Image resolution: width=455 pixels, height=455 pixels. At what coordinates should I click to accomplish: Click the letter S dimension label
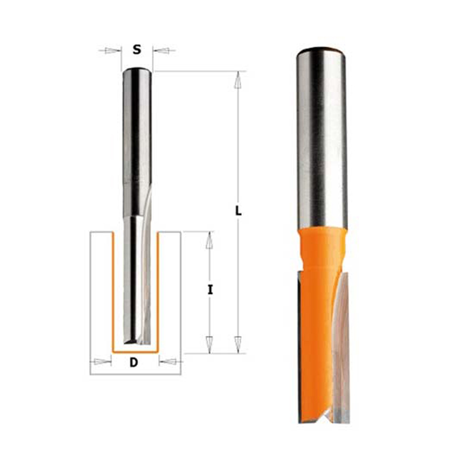coord(136,50)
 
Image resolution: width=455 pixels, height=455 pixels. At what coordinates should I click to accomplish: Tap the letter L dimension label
coord(238,211)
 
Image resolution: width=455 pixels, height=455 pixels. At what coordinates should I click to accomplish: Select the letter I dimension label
coord(210,289)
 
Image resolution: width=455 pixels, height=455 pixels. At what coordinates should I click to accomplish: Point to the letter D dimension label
coord(134,362)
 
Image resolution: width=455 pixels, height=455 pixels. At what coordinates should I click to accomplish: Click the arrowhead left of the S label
coord(113,51)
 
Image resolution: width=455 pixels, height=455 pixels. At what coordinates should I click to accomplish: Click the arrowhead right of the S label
coord(160,51)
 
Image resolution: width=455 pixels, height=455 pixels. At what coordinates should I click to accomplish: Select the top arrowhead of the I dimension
coord(209,240)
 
